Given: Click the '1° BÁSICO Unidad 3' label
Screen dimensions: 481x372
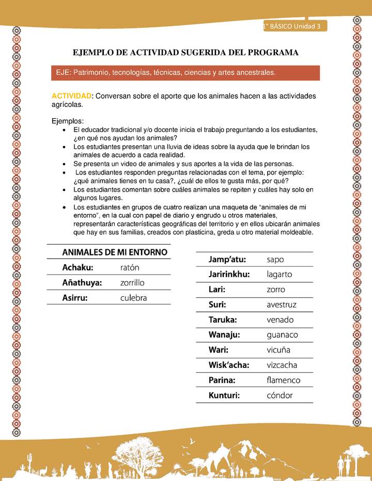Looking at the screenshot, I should point(292,26).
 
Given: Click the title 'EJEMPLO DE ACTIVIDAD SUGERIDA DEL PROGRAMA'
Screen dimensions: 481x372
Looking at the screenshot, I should point(185,53).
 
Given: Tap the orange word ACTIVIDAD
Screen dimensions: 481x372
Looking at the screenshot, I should point(71,96).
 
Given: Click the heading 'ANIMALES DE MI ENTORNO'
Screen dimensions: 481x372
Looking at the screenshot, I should point(115,252).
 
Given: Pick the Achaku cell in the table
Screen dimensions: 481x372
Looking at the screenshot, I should point(78,267).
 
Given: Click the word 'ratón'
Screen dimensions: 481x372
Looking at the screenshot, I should point(130,267).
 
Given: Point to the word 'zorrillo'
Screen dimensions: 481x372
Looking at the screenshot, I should point(132,283).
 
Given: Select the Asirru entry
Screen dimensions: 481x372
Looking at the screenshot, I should point(75,298).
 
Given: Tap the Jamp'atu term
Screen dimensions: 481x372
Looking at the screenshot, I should point(227,259).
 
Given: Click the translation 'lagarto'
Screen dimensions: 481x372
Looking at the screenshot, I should point(280,274).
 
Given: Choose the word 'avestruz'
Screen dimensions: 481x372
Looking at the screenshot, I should point(282,304).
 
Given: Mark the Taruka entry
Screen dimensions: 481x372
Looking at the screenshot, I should point(223,319).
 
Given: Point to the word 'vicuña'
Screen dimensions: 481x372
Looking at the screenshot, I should point(278,350).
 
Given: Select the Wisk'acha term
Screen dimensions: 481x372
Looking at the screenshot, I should point(229,365).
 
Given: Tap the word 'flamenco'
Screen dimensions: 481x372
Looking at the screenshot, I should point(283,380).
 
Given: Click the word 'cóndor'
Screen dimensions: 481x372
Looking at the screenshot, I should point(280,395).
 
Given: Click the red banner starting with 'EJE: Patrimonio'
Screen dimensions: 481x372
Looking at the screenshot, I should point(185,73).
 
